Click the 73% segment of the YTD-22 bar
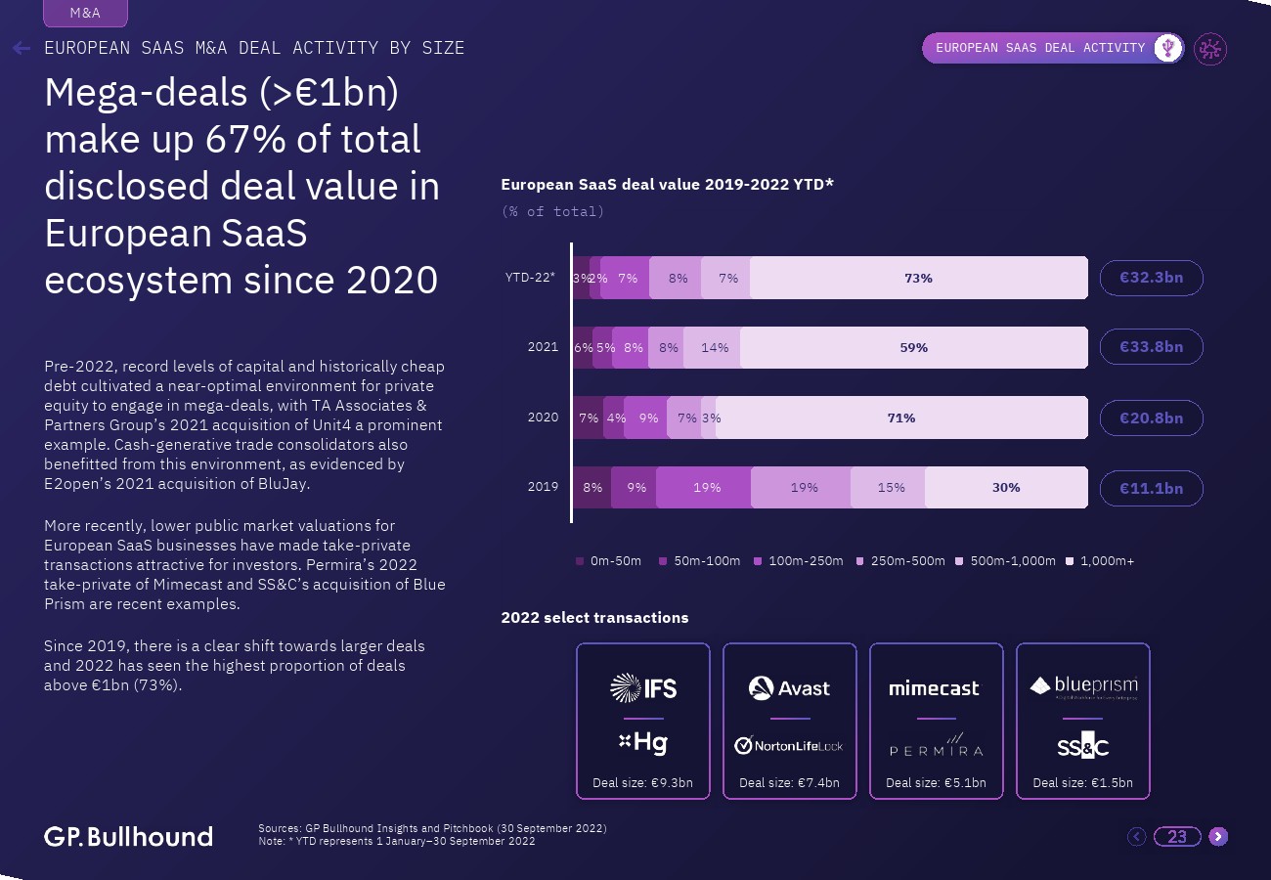[x=918, y=278]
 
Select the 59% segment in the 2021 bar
[x=913, y=347]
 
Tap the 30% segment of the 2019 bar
[x=1006, y=487]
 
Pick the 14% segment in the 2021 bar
[x=713, y=347]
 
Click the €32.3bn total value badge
[x=1151, y=278]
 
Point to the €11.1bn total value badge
[x=1151, y=487]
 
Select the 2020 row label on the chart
[x=543, y=418]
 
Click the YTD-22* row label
[x=530, y=278]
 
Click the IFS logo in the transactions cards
[x=643, y=688]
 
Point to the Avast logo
[x=790, y=688]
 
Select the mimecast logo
[x=934, y=688]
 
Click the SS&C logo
[x=1082, y=747]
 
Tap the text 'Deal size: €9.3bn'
[x=642, y=783]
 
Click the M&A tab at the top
[x=85, y=14]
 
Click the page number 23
[x=1177, y=836]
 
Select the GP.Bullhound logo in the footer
[x=128, y=837]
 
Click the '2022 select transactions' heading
[x=594, y=618]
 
